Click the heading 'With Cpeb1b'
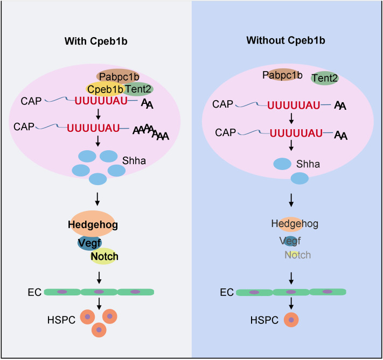pos(96,41)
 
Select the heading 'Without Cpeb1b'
pos(286,40)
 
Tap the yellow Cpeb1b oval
pos(105,89)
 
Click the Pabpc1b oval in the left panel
pos(118,76)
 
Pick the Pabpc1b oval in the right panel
pos(282,75)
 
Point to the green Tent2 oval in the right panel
pos(325,78)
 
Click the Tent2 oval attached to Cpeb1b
pos(138,89)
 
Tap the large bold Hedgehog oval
pos(93,224)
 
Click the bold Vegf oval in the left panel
pos(89,243)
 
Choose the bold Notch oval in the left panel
pos(105,256)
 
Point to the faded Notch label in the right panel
pos(298,255)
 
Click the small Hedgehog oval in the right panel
pos(291,224)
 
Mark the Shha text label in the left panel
pos(134,160)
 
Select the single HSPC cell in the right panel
pos(291,320)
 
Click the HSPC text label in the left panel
pos(61,320)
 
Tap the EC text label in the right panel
pos(227,292)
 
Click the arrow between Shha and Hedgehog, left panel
pos(97,199)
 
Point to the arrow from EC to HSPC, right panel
pos(291,303)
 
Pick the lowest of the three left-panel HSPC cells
pos(99,330)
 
